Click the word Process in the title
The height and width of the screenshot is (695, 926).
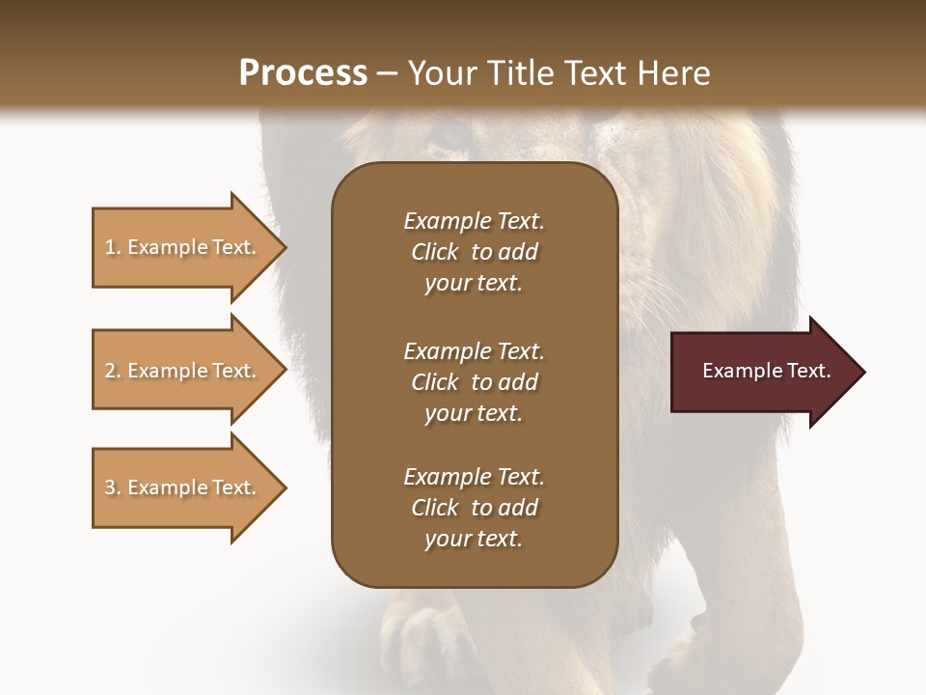(303, 72)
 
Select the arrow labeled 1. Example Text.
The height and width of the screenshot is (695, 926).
(181, 247)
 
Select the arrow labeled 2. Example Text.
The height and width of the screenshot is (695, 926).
(181, 371)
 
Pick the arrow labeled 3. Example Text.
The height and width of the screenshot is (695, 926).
(181, 487)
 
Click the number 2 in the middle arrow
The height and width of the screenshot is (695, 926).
(110, 371)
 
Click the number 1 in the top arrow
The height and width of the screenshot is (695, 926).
(110, 247)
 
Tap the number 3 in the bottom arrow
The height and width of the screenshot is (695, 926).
(110, 487)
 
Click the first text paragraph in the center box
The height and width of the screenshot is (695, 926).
(474, 252)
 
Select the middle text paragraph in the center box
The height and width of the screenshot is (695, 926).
(474, 381)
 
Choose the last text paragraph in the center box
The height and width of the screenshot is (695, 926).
(474, 508)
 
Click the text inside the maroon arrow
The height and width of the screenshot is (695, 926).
(766, 371)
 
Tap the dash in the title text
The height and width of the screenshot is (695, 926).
(388, 73)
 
